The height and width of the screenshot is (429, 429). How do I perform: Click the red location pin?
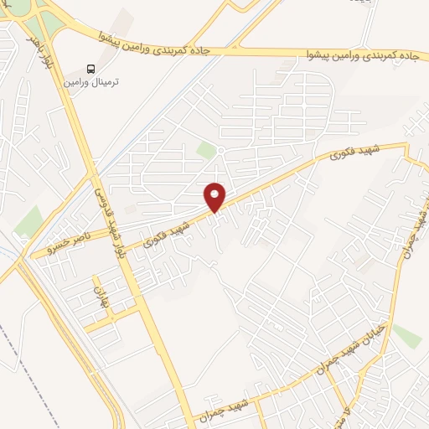[216, 196]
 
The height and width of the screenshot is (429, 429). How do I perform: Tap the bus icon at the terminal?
[90, 69]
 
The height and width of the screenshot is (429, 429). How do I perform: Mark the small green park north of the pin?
[206, 150]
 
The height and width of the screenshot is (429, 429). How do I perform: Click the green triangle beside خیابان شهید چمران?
[407, 335]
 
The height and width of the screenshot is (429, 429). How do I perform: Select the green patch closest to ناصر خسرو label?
[29, 222]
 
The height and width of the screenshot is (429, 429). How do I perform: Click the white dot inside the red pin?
[216, 192]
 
